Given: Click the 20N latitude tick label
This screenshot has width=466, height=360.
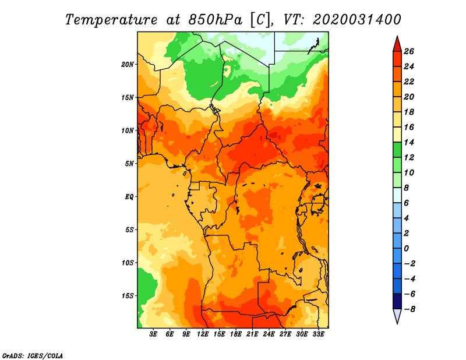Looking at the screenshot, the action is pos(128,65).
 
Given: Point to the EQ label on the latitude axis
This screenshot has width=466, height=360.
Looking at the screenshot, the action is pos(129,197).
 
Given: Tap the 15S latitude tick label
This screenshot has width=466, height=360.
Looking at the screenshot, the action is pos(128,296).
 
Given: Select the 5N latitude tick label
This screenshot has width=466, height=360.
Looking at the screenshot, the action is pos(129,164).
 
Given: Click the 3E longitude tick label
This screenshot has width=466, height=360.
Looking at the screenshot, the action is pos(153,334).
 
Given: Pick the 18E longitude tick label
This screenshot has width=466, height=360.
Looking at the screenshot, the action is pos(236,334).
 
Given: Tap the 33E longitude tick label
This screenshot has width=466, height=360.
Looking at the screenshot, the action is pos(318,334).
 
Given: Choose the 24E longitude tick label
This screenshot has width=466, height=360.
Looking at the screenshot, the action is pos(269,334).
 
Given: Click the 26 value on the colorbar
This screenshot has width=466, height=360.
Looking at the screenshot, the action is pos(409,51).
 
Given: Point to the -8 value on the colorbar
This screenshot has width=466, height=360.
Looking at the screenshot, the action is pos(409,309).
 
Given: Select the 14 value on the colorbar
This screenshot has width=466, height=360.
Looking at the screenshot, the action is pos(409,142).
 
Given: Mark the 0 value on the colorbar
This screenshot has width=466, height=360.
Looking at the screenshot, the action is pos(406,249).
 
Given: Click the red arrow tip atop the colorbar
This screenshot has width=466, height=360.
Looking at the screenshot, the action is pos(397,37).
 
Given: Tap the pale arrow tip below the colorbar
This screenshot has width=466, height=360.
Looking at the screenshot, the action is pos(397,323).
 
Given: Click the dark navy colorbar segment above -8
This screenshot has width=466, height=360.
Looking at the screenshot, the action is pos(397,301).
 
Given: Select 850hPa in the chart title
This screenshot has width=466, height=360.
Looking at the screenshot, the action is pos(215,20).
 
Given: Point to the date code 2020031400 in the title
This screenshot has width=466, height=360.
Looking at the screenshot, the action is pos(357,20).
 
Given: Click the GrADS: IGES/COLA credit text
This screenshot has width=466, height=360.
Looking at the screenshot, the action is pos(33,356).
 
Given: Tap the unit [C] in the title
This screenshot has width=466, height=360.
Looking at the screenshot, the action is pos(260,20).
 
